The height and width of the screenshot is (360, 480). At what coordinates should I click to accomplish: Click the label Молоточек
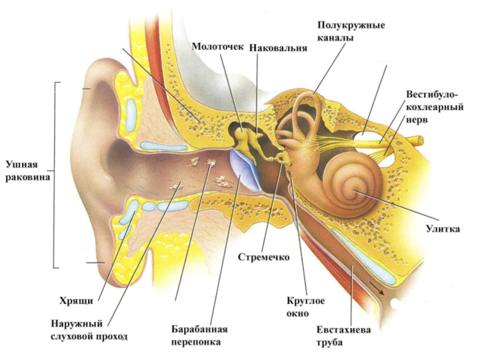218,47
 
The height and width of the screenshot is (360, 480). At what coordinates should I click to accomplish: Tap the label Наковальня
278,47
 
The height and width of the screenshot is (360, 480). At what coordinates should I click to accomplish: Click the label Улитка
443,229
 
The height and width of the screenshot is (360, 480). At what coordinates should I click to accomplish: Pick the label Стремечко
264,257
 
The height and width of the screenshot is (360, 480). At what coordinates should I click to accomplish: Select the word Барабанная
200,330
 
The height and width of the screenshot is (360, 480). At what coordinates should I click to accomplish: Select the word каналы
335,37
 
